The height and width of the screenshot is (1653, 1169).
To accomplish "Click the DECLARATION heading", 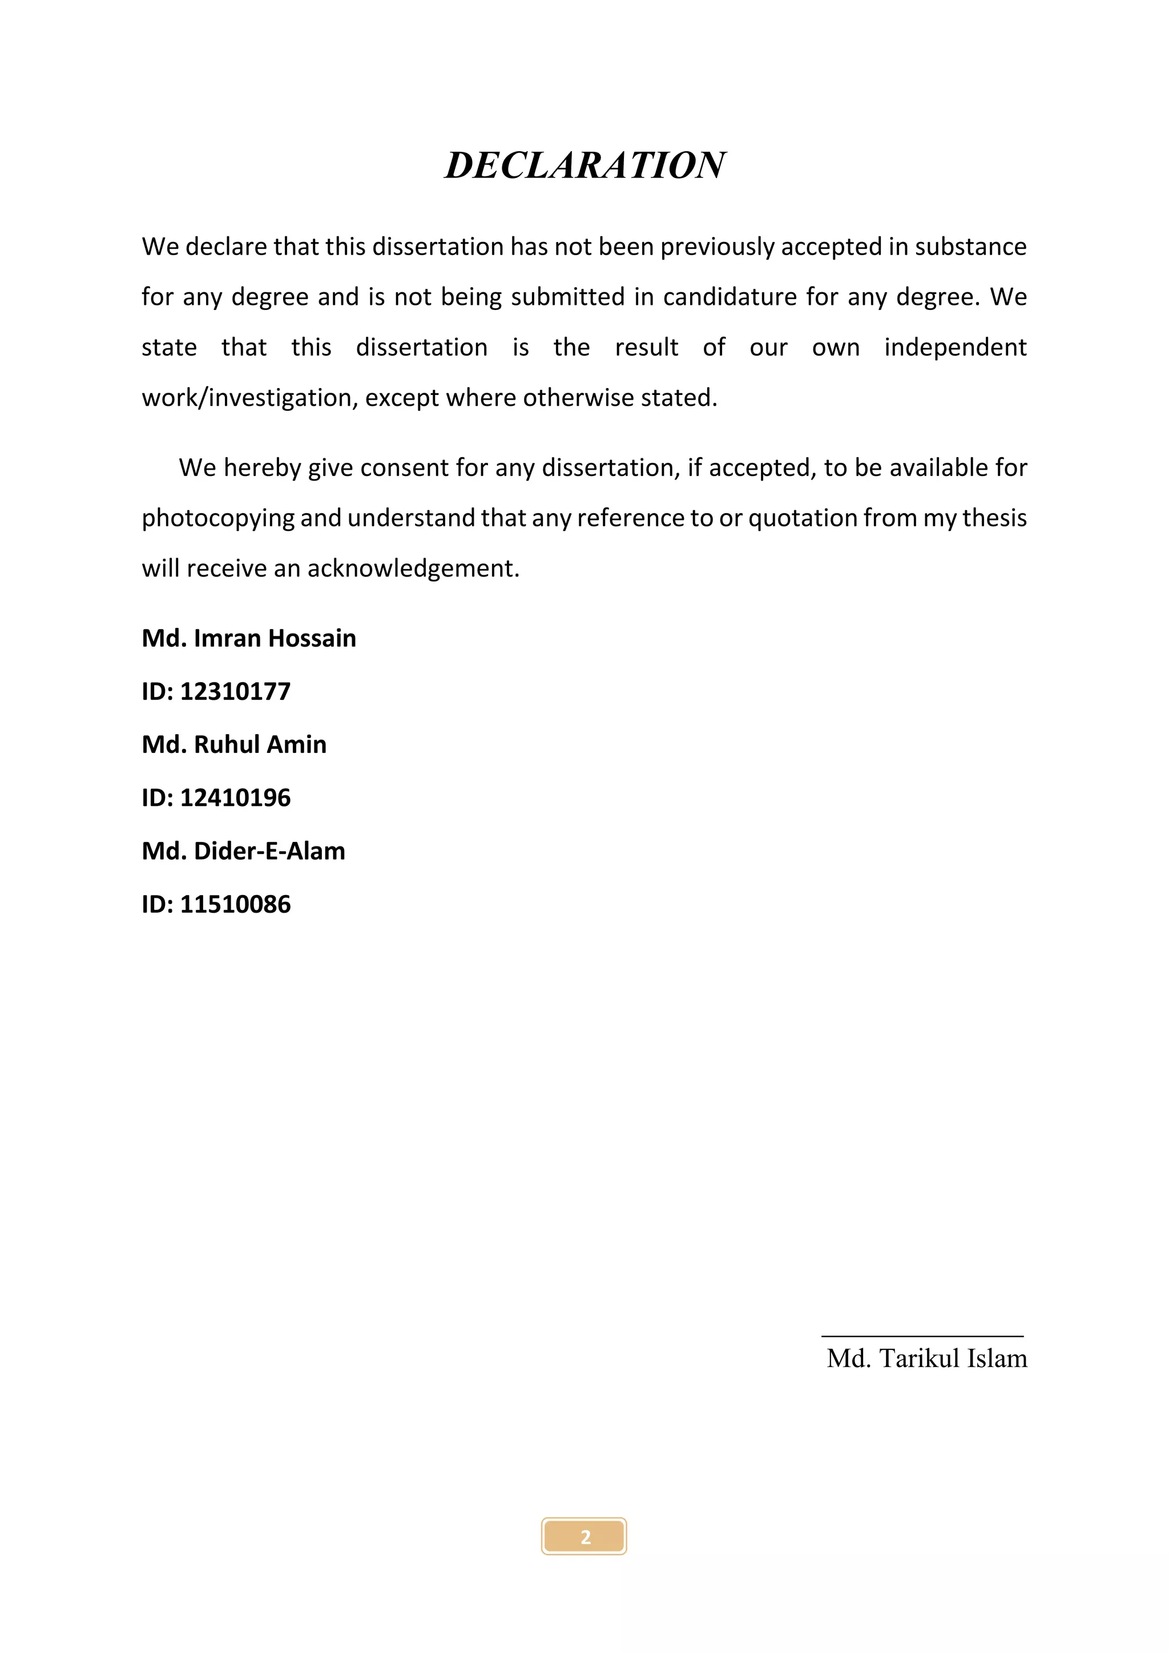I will pos(584,166).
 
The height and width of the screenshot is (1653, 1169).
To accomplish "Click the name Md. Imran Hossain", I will pos(248,639).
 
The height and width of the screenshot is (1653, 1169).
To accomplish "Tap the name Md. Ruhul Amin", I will pos(234,744).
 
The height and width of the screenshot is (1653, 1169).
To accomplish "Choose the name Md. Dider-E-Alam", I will pos(243,852).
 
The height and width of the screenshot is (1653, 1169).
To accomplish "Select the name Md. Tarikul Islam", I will pos(926,1359).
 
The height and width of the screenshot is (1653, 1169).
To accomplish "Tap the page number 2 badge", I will pos(584,1537).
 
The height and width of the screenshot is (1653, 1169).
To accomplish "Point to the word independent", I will pos(954,348).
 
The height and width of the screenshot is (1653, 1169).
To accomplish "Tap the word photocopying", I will pos(217,518).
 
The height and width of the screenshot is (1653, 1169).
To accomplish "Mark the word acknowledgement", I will pos(413,569).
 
